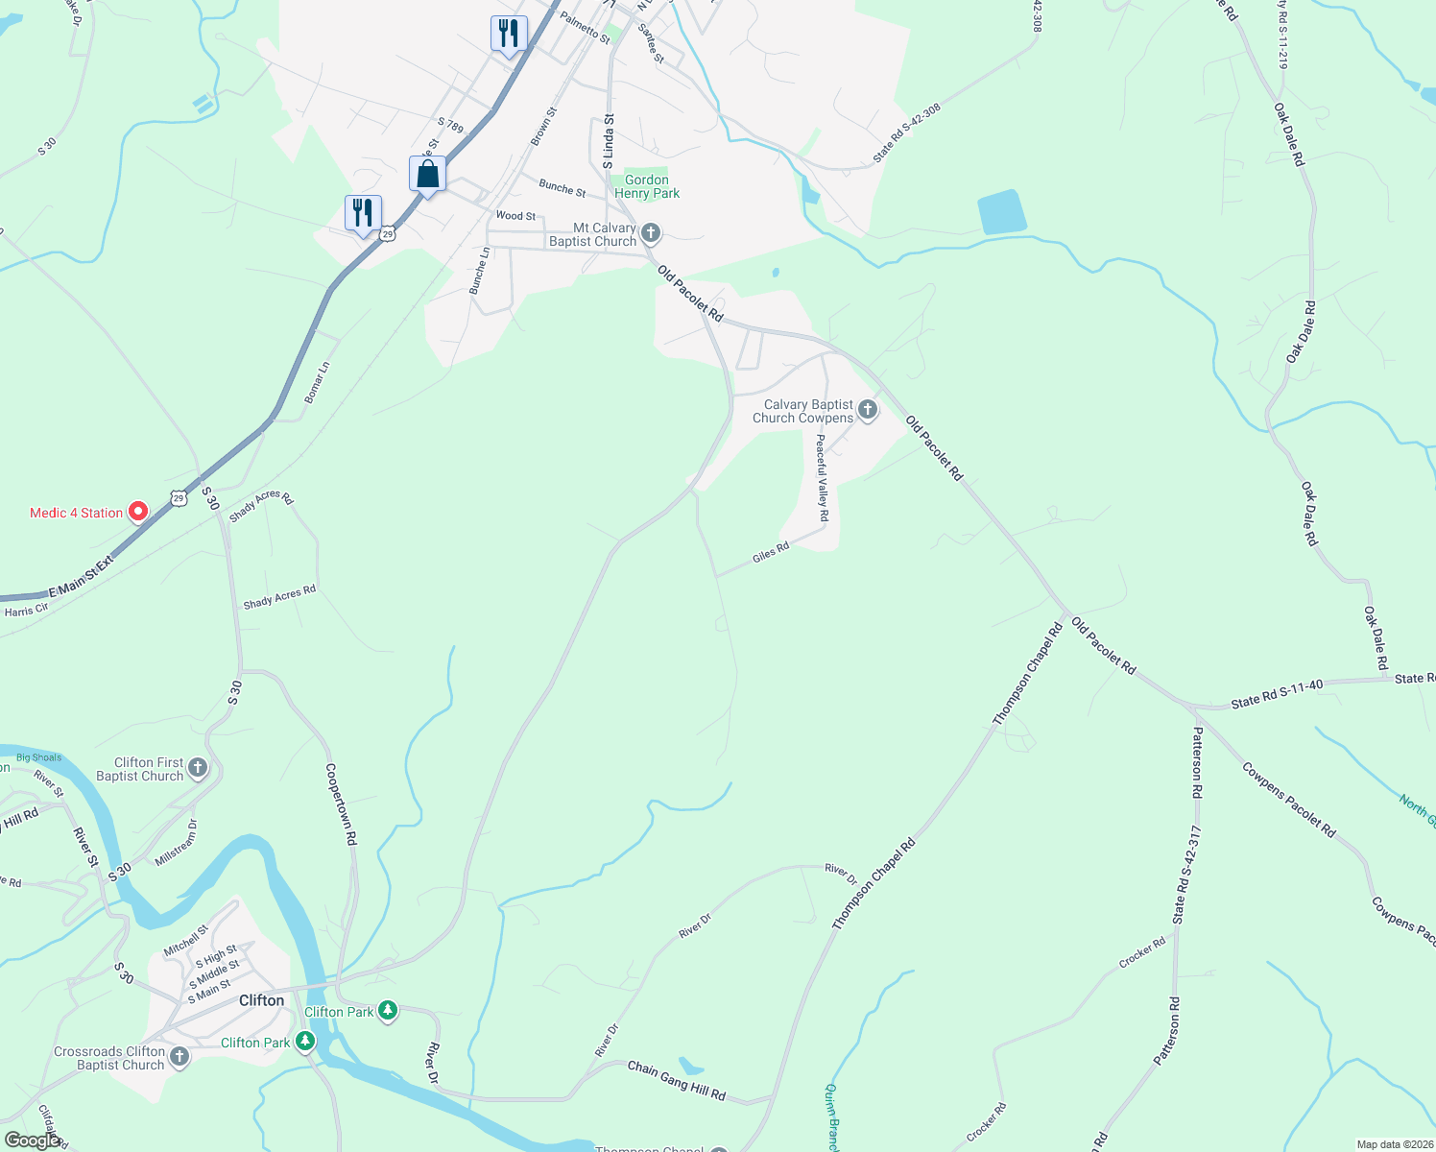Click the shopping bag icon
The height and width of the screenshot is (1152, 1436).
pyautogui.click(x=427, y=175)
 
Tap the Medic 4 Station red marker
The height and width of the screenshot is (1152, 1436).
pyautogui.click(x=138, y=512)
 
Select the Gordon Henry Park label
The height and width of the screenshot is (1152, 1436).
pyautogui.click(x=647, y=186)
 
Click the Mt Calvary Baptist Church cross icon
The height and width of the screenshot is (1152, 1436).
pyautogui.click(x=651, y=233)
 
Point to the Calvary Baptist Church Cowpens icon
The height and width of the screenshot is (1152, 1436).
pyautogui.click(x=868, y=411)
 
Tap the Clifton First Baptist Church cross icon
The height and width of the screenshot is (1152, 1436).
pyautogui.click(x=198, y=767)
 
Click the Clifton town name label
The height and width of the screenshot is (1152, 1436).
pyautogui.click(x=261, y=1000)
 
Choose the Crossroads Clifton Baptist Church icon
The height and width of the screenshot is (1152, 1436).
pyautogui.click(x=179, y=1057)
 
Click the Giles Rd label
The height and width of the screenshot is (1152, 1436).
pyautogui.click(x=771, y=552)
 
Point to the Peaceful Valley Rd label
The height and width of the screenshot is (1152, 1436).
pyautogui.click(x=822, y=478)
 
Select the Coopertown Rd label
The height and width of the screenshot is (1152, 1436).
pyautogui.click(x=341, y=804)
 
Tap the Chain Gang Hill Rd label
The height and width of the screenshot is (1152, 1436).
pyautogui.click(x=677, y=1080)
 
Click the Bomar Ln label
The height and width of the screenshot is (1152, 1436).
pyautogui.click(x=317, y=383)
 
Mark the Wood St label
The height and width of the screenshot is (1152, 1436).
pyautogui.click(x=515, y=216)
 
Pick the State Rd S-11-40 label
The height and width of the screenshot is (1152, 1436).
pyautogui.click(x=1277, y=693)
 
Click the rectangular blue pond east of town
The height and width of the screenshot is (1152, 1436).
pyautogui.click(x=1001, y=212)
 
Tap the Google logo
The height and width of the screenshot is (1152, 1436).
pyautogui.click(x=33, y=1140)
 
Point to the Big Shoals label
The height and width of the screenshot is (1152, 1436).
pyautogui.click(x=38, y=757)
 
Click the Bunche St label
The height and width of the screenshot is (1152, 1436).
pyautogui.click(x=562, y=188)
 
